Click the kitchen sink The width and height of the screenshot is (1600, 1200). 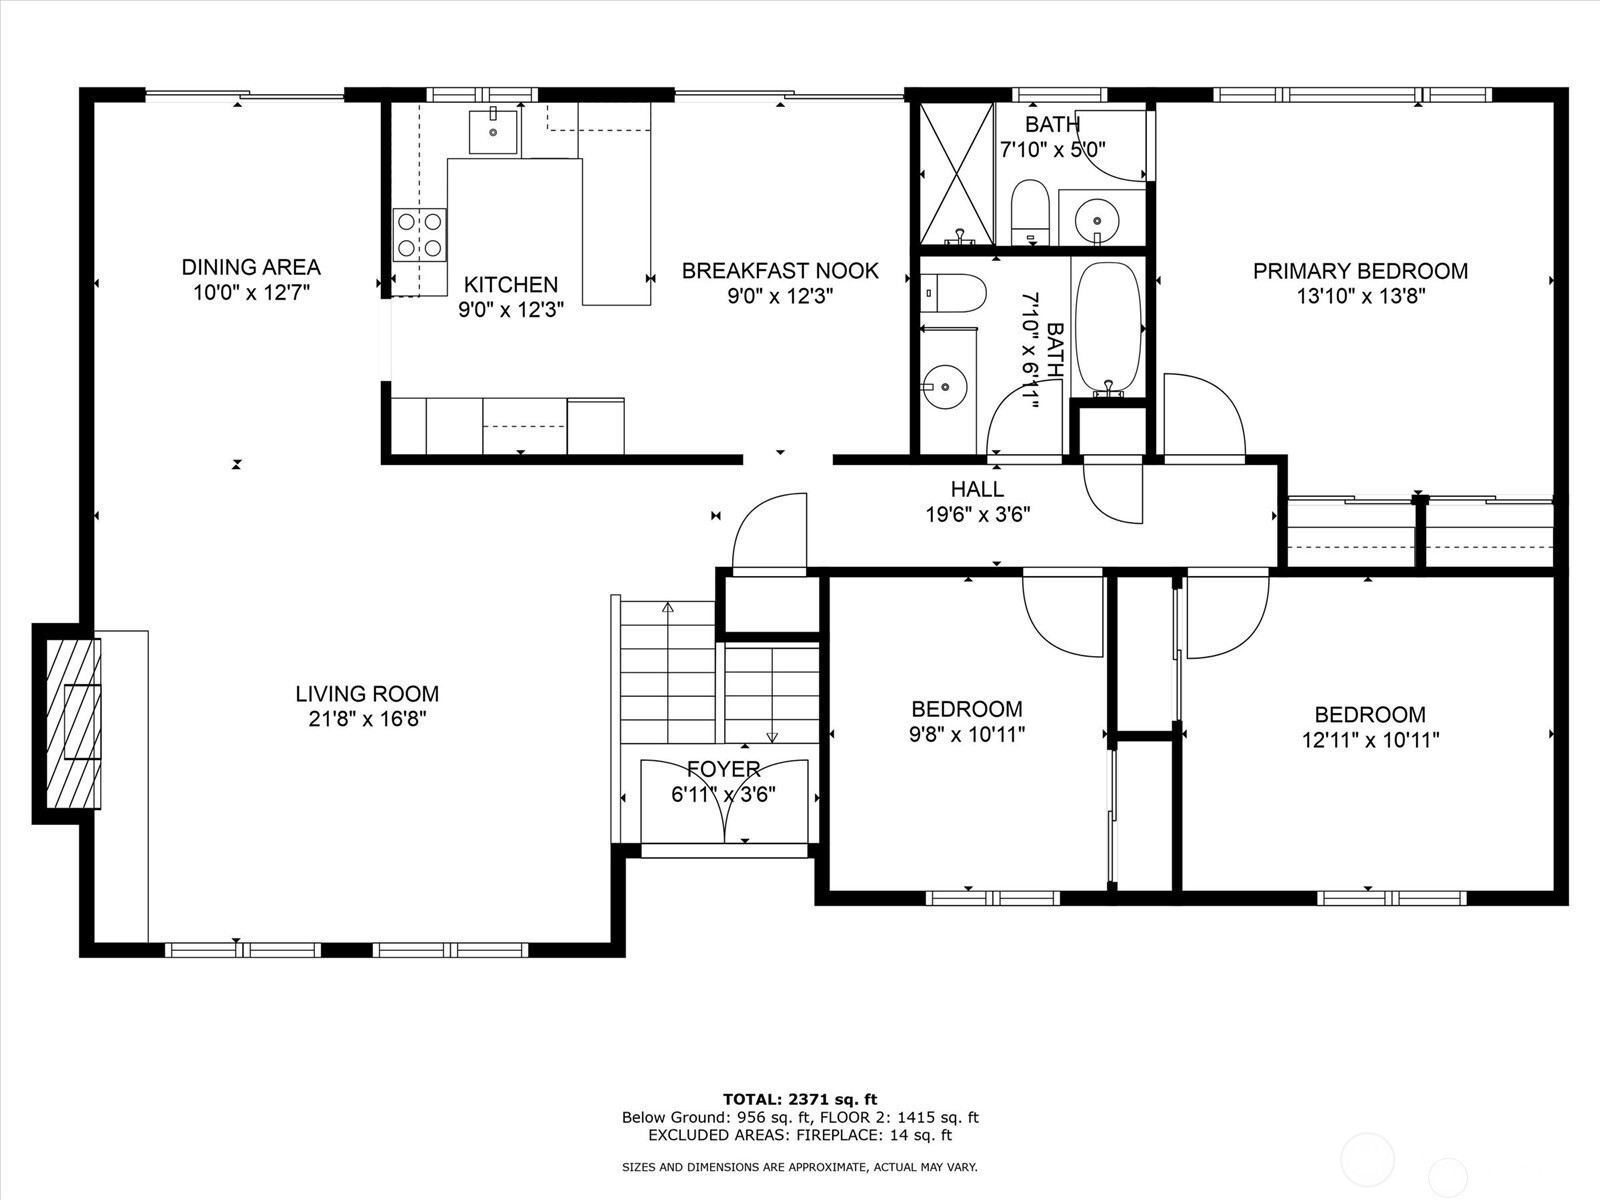pyautogui.click(x=493, y=131)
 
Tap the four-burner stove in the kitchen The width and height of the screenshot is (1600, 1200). pyautogui.click(x=420, y=235)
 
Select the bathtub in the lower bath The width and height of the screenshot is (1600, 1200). pyautogui.click(x=1108, y=329)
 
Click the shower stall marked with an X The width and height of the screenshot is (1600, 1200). pyautogui.click(x=956, y=173)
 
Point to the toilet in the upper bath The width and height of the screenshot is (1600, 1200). pyautogui.click(x=1029, y=211)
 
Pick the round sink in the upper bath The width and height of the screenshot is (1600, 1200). pyautogui.click(x=1096, y=219)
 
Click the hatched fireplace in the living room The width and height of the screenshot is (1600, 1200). pyautogui.click(x=73, y=723)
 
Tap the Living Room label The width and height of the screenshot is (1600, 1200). pyautogui.click(x=367, y=693)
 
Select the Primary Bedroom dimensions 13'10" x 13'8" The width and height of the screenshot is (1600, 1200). pyautogui.click(x=1360, y=297)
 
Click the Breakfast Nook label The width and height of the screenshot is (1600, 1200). pyautogui.click(x=780, y=270)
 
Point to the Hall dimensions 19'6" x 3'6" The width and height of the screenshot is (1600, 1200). pyautogui.click(x=977, y=514)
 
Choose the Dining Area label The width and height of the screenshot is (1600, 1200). pyautogui.click(x=251, y=267)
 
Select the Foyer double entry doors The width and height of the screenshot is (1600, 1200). pyautogui.click(x=724, y=801)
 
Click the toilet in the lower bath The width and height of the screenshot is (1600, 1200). pyautogui.click(x=953, y=293)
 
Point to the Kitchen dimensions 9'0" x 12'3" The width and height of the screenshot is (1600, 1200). pyautogui.click(x=510, y=310)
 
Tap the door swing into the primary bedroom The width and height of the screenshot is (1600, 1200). pyautogui.click(x=1204, y=418)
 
